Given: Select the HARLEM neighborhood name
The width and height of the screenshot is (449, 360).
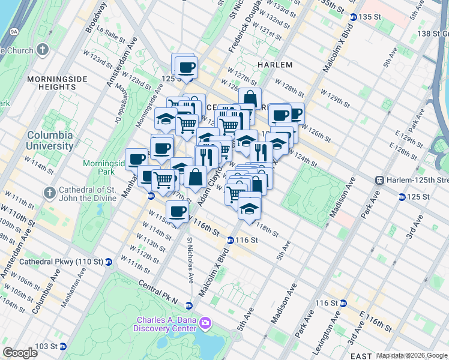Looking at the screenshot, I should [x=275, y=65].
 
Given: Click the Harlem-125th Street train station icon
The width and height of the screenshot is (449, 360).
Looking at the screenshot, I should [x=379, y=180].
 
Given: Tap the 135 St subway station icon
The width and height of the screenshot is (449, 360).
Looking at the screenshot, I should [x=353, y=17].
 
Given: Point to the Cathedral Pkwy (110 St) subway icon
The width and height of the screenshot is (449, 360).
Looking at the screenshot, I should [x=109, y=262].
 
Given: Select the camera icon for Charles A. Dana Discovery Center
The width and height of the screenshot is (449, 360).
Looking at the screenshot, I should [x=205, y=323].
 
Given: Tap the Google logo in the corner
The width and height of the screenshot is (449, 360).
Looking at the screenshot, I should [x=20, y=353].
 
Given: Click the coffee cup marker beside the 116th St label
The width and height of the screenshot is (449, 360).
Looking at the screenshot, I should [x=178, y=211].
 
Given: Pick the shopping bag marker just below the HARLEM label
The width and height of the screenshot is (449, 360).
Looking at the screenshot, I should [x=250, y=98].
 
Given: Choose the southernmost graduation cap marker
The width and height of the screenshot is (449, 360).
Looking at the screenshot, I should [x=250, y=209].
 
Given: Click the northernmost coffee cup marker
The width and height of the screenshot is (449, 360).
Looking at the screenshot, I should [x=186, y=67].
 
